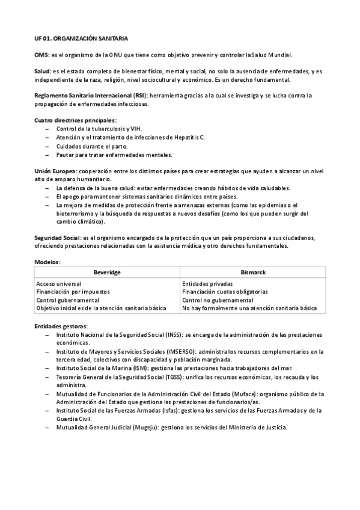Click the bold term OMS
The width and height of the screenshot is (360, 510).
coord(41,55)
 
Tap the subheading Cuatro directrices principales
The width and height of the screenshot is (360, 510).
coord(75,120)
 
